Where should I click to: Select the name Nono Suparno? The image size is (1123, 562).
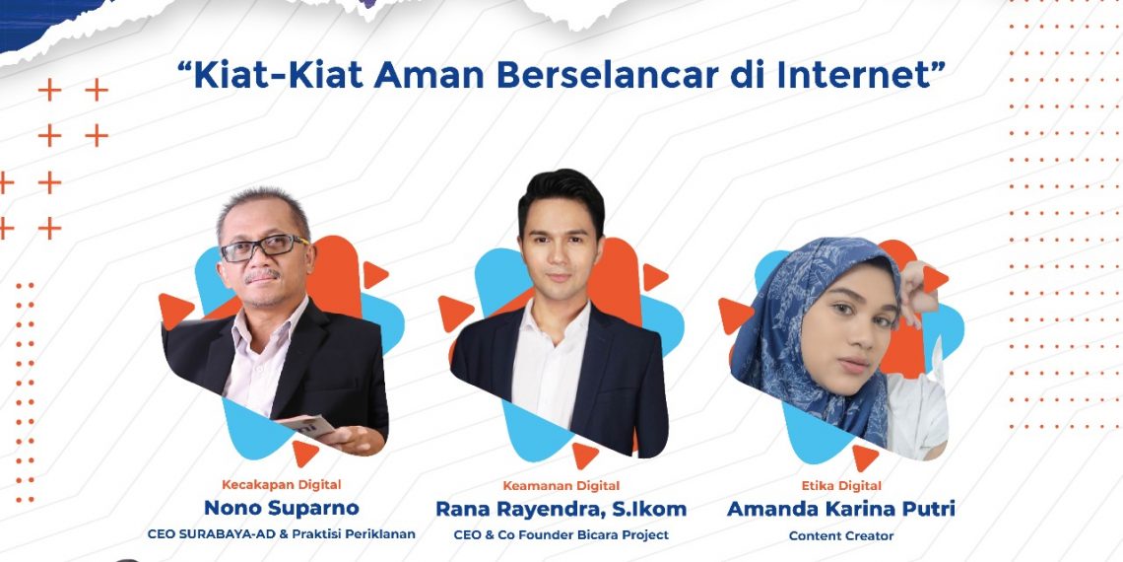click(x=281, y=509)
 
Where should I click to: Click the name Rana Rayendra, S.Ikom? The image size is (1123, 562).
click(x=561, y=509)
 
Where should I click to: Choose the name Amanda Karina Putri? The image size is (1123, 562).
click(x=841, y=509)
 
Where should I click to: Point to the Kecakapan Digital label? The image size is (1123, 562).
click(x=281, y=484)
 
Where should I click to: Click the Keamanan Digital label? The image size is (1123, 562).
click(x=561, y=485)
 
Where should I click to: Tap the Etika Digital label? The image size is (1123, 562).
click(x=841, y=485)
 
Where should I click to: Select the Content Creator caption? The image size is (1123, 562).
click(x=841, y=535)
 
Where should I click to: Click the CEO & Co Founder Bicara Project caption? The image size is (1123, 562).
click(x=561, y=534)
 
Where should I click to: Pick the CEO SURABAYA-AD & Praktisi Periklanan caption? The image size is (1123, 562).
click(x=281, y=534)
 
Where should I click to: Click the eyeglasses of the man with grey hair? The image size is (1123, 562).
click(x=263, y=247)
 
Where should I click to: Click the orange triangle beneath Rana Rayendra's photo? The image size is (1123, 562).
click(x=584, y=455)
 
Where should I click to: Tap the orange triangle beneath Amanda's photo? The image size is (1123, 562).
click(x=864, y=457)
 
